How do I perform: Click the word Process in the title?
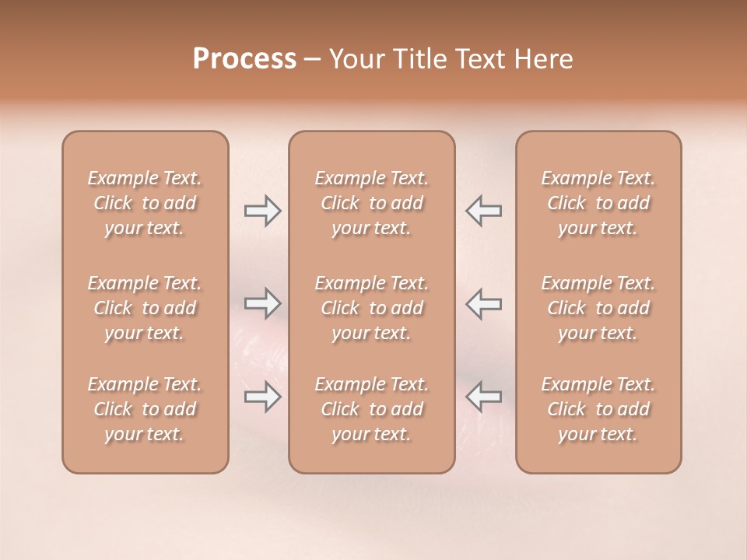point(244,59)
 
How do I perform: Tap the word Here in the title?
point(542,59)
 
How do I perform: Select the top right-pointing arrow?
point(262,211)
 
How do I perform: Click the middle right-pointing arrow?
point(262,303)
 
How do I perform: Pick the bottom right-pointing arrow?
point(262,397)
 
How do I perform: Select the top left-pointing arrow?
point(483,211)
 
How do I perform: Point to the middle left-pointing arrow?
point(483,303)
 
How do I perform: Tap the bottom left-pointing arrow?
point(483,397)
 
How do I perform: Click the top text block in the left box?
point(145,203)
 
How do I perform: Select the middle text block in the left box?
point(145,308)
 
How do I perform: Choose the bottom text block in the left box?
point(145,409)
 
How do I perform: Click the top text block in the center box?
point(372,203)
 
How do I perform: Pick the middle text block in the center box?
point(372,308)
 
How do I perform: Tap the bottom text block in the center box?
point(372,409)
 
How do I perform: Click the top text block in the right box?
point(598,203)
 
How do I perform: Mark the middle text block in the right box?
point(598,308)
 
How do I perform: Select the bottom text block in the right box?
point(598,409)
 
